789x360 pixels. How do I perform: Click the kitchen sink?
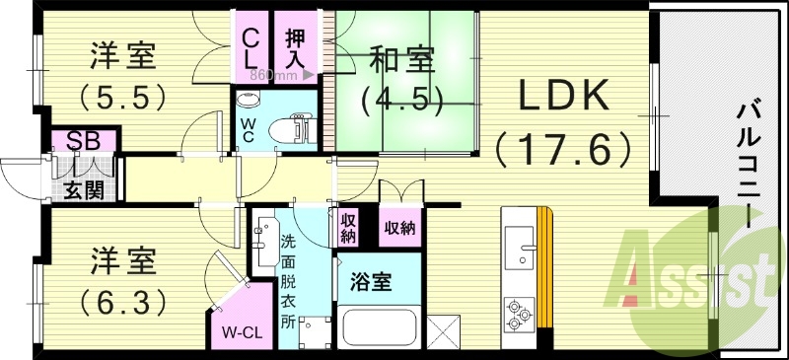(517, 247)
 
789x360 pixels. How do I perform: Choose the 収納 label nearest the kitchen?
(399, 228)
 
